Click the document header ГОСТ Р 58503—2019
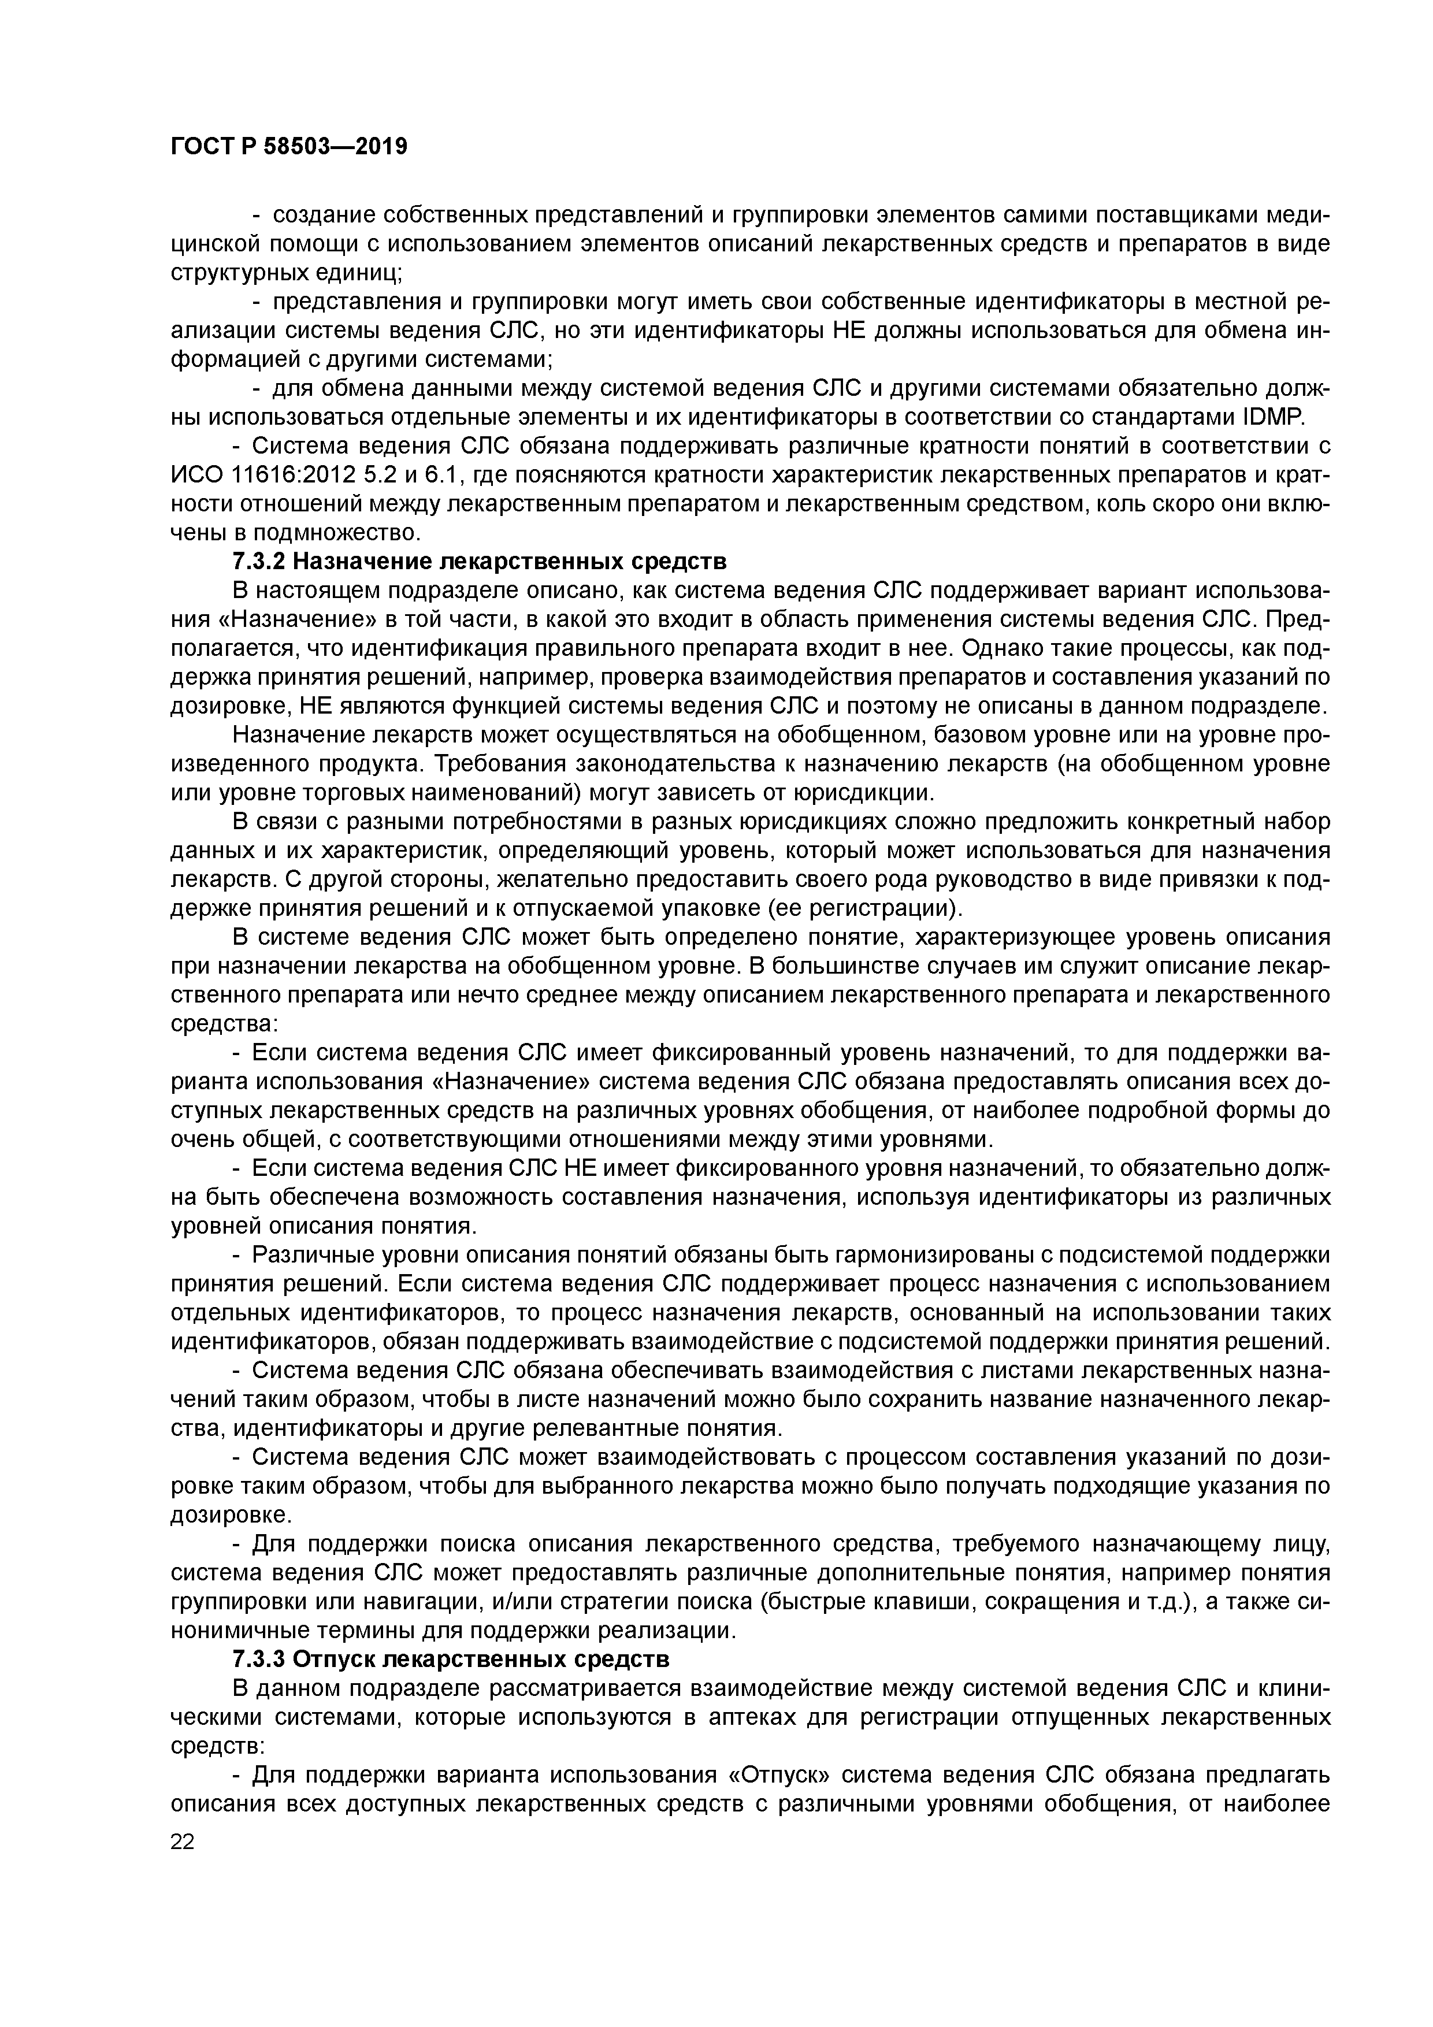[289, 147]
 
